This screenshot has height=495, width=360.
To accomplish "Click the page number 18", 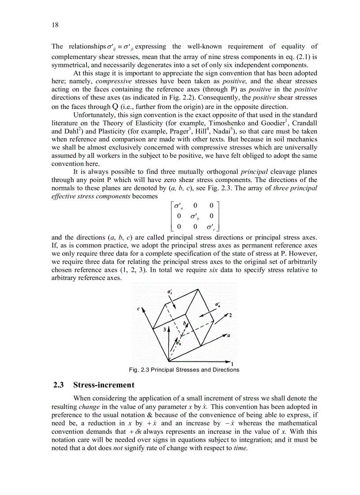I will click(x=55, y=26).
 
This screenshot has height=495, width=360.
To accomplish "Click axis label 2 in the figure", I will click(x=230, y=315).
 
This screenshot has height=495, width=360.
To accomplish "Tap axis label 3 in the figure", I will click(x=164, y=329).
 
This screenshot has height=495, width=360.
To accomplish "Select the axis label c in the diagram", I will click(x=138, y=309).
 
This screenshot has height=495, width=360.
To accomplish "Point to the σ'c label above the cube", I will click(x=170, y=292).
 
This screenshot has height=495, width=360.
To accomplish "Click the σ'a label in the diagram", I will click(x=217, y=305).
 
